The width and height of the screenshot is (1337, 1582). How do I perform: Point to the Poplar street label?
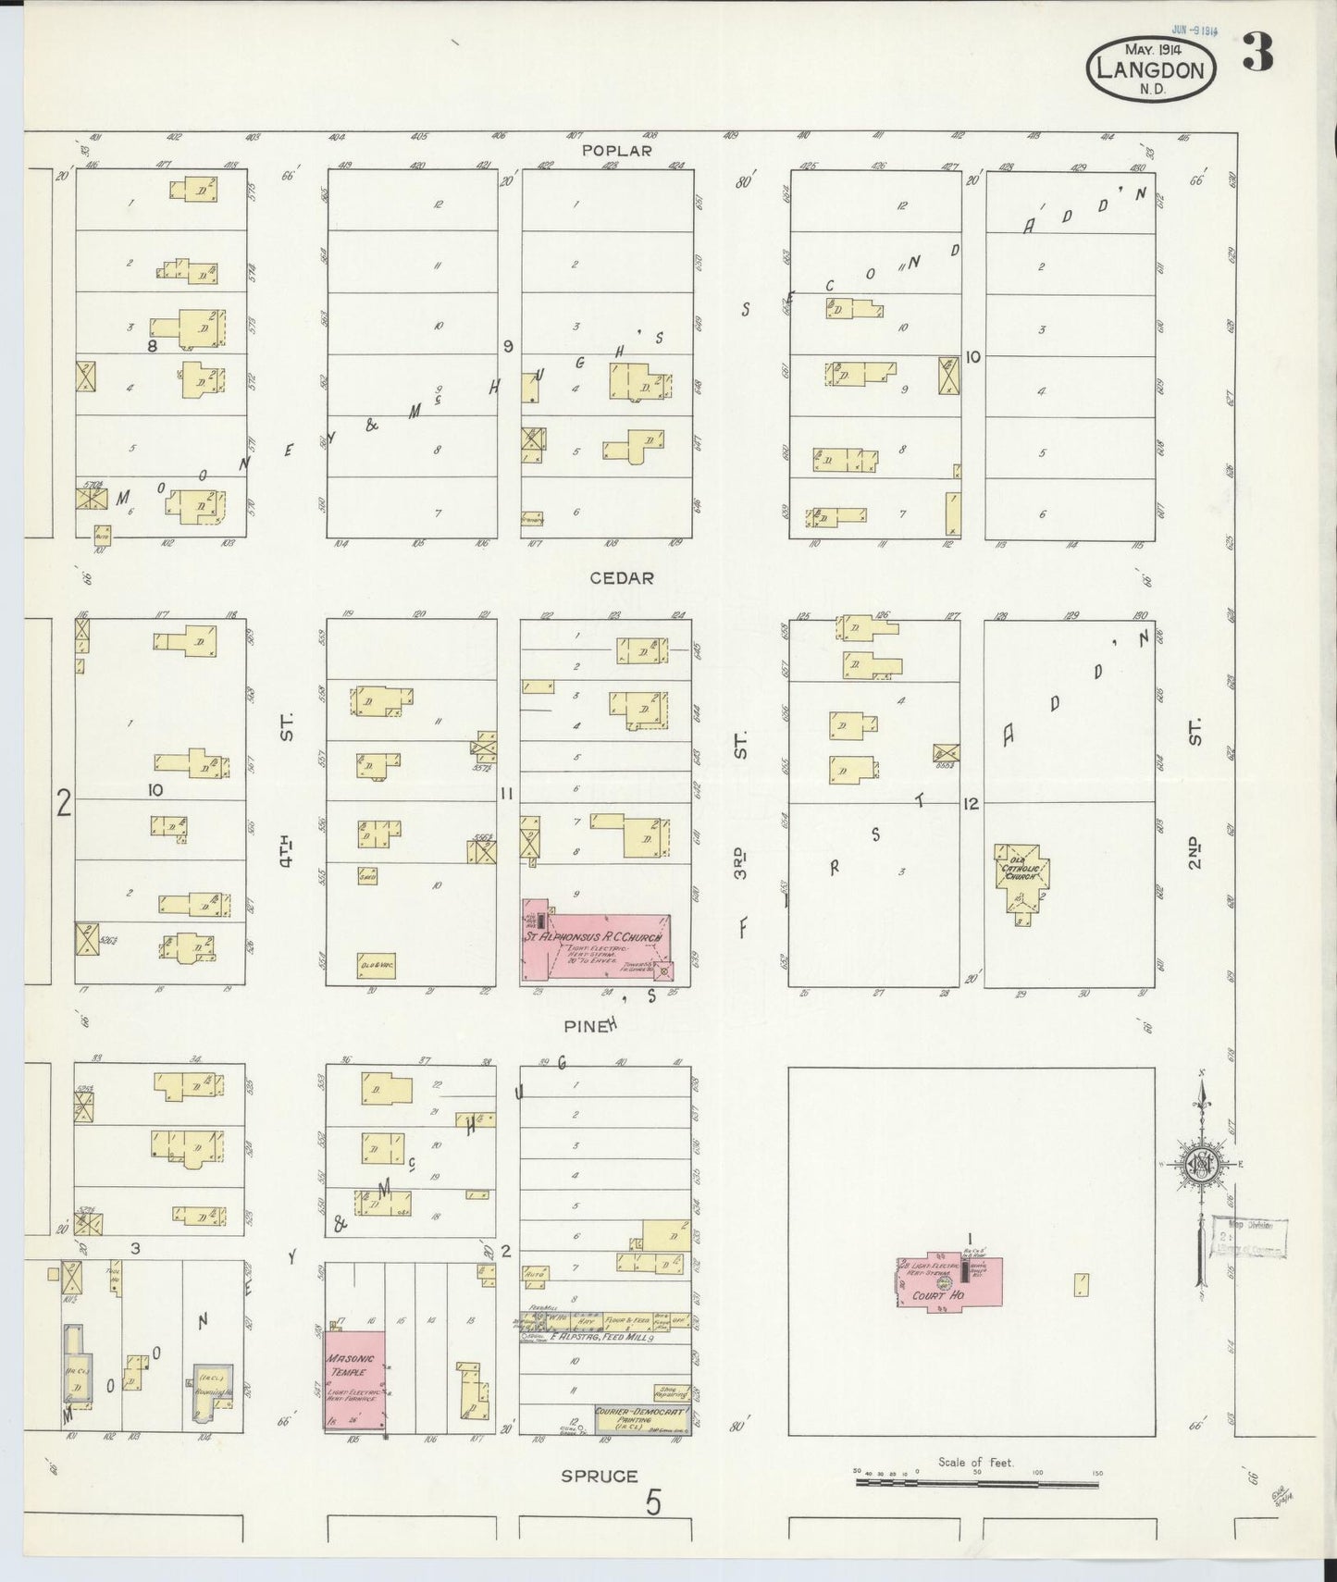pos(617,151)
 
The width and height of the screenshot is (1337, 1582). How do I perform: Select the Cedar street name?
pos(622,577)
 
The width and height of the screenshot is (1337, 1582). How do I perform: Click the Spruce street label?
pos(600,1476)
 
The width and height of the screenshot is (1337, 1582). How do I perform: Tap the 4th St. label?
pos(287,786)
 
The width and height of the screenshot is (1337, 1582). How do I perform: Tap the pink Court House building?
pos(949,1280)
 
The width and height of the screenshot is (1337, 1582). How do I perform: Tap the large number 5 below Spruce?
pos(654,1503)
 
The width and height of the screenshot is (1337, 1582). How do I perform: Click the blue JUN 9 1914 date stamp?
pos(1194,30)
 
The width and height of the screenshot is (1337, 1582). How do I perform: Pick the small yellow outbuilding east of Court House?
pos(1080,1284)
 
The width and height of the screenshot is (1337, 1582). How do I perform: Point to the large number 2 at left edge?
pos(63,802)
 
